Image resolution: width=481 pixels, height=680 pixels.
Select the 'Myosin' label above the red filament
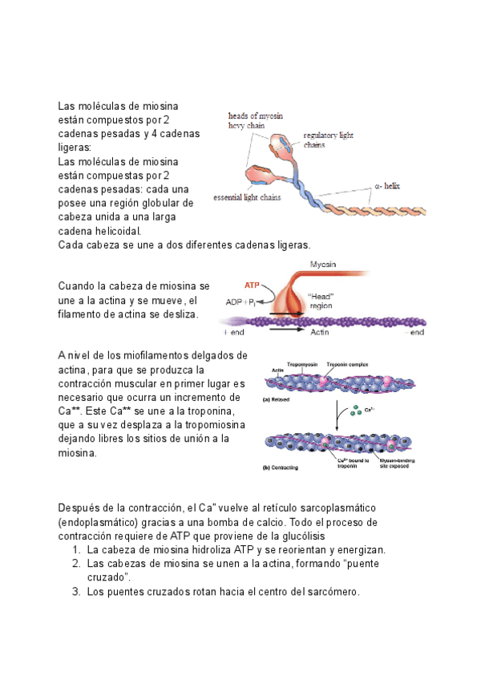324,264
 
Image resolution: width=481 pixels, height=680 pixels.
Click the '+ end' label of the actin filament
233,331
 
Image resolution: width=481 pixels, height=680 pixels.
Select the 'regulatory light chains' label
328,140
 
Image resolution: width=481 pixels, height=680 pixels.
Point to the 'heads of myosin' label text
256,115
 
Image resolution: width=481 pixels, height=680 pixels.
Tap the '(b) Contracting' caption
285,467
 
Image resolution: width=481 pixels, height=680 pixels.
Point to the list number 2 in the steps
75,564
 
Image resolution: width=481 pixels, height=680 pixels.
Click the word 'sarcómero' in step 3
331,593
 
